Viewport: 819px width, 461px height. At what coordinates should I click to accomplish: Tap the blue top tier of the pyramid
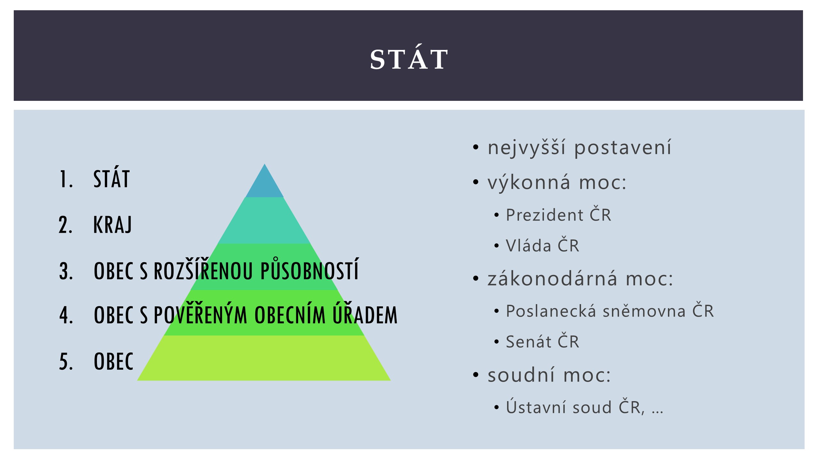click(265, 184)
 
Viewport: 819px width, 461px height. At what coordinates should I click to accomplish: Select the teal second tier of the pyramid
click(265, 221)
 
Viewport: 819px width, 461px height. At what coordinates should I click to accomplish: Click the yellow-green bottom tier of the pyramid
click(264, 358)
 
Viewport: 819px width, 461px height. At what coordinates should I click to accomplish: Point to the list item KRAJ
click(113, 225)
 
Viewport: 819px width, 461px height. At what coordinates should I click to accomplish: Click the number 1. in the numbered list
click(66, 179)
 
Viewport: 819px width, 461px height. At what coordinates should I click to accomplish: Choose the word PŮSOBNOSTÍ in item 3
click(309, 270)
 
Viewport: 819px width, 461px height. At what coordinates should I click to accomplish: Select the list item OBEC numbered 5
click(114, 361)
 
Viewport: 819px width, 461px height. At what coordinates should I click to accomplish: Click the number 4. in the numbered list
click(66, 315)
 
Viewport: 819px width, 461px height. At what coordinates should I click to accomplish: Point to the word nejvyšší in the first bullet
click(527, 148)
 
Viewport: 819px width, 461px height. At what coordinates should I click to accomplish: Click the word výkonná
click(529, 182)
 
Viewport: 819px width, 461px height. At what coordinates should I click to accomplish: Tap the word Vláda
click(529, 245)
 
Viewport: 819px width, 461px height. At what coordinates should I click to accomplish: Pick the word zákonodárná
click(552, 278)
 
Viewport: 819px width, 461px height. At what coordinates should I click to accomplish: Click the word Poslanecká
click(551, 311)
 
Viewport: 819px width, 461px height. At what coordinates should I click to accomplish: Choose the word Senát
click(529, 341)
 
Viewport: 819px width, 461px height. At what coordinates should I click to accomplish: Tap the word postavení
click(623, 148)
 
